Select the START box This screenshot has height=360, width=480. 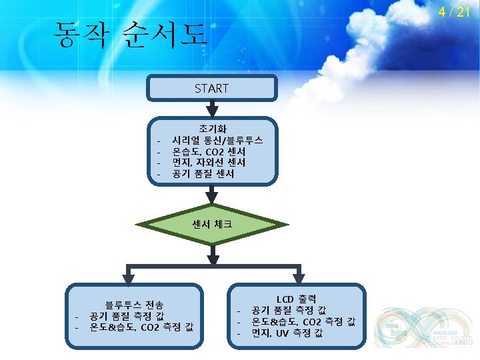pos(211,88)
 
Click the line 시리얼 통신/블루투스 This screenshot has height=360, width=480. pos(217,140)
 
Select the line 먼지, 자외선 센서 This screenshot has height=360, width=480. pos(208,163)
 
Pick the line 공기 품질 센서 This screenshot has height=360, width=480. pos(203,174)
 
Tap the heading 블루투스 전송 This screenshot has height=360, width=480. pos(134,304)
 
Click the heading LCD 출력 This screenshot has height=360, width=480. pos(297,299)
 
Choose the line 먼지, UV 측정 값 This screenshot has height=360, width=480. pos(287,333)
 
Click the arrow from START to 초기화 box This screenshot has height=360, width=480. pos(211,109)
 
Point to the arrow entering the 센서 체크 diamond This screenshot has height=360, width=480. pos(211,195)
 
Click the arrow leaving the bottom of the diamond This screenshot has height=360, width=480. pos(211,254)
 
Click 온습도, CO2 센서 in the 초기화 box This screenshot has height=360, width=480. pos(209,151)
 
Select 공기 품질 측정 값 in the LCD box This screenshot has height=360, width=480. pos(288,310)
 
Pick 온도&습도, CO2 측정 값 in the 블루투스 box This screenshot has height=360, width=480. pos(142,327)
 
